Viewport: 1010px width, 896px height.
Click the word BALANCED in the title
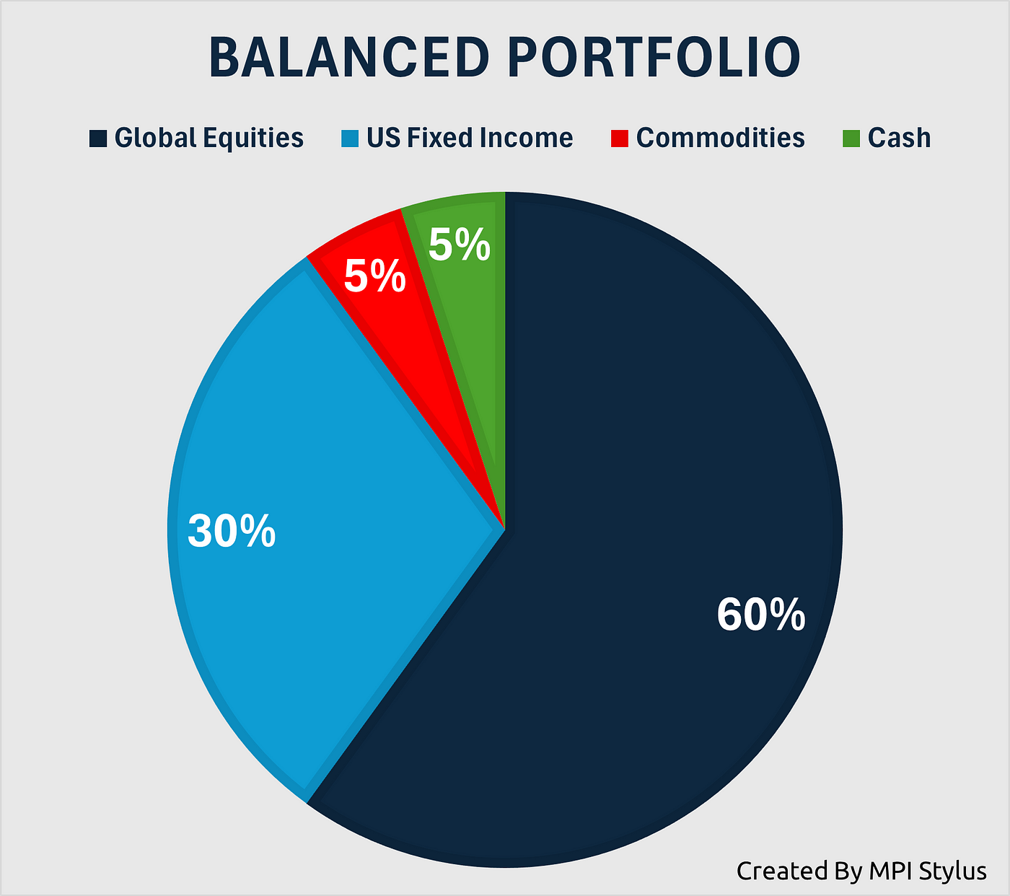tap(349, 57)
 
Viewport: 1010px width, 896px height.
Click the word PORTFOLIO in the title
tap(654, 57)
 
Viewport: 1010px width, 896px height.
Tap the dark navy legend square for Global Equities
tap(98, 139)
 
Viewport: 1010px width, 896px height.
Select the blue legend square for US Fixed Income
tap(350, 139)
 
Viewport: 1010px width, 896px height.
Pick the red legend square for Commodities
tap(620, 139)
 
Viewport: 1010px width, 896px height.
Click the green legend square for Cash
tap(851, 139)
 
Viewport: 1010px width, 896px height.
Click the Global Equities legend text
tap(209, 138)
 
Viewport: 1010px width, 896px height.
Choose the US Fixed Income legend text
tap(470, 138)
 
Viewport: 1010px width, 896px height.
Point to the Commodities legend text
tap(721, 138)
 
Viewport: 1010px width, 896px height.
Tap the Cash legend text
tap(900, 138)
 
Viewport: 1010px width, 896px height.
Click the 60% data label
tap(760, 615)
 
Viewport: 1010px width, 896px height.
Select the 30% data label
tap(232, 531)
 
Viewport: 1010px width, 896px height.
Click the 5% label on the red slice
tap(375, 276)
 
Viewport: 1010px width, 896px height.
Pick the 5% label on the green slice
tap(459, 245)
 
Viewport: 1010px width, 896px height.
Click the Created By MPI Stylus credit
tap(861, 871)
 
